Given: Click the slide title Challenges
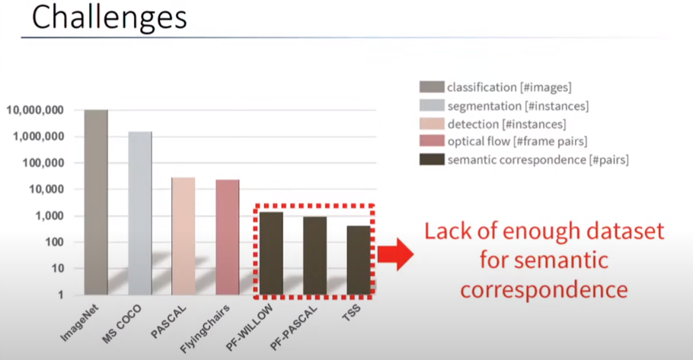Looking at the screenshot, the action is pos(109,18).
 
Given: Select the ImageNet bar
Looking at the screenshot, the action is pos(96,202).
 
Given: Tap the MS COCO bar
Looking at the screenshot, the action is pos(140,213).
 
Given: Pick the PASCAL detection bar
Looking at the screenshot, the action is pos(184,236).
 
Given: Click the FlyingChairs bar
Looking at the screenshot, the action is pos(228,237).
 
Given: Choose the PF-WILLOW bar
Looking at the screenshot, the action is pos(271,253).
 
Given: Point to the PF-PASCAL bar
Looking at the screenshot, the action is pos(315,256).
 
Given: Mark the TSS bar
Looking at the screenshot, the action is pos(359,260).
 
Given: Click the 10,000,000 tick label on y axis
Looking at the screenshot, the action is pos(35,110).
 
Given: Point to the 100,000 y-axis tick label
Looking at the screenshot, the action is pos(43,163).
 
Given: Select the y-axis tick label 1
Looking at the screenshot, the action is pos(61,295).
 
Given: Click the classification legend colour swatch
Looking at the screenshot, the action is pos(432,87).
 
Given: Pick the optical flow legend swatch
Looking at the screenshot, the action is pos(432,141).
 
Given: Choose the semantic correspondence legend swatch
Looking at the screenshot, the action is pos(432,160).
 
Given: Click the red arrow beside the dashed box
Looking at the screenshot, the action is pos(395,254).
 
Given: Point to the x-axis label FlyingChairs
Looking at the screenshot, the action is pos(205,329).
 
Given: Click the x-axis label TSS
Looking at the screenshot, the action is pos(351,312).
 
